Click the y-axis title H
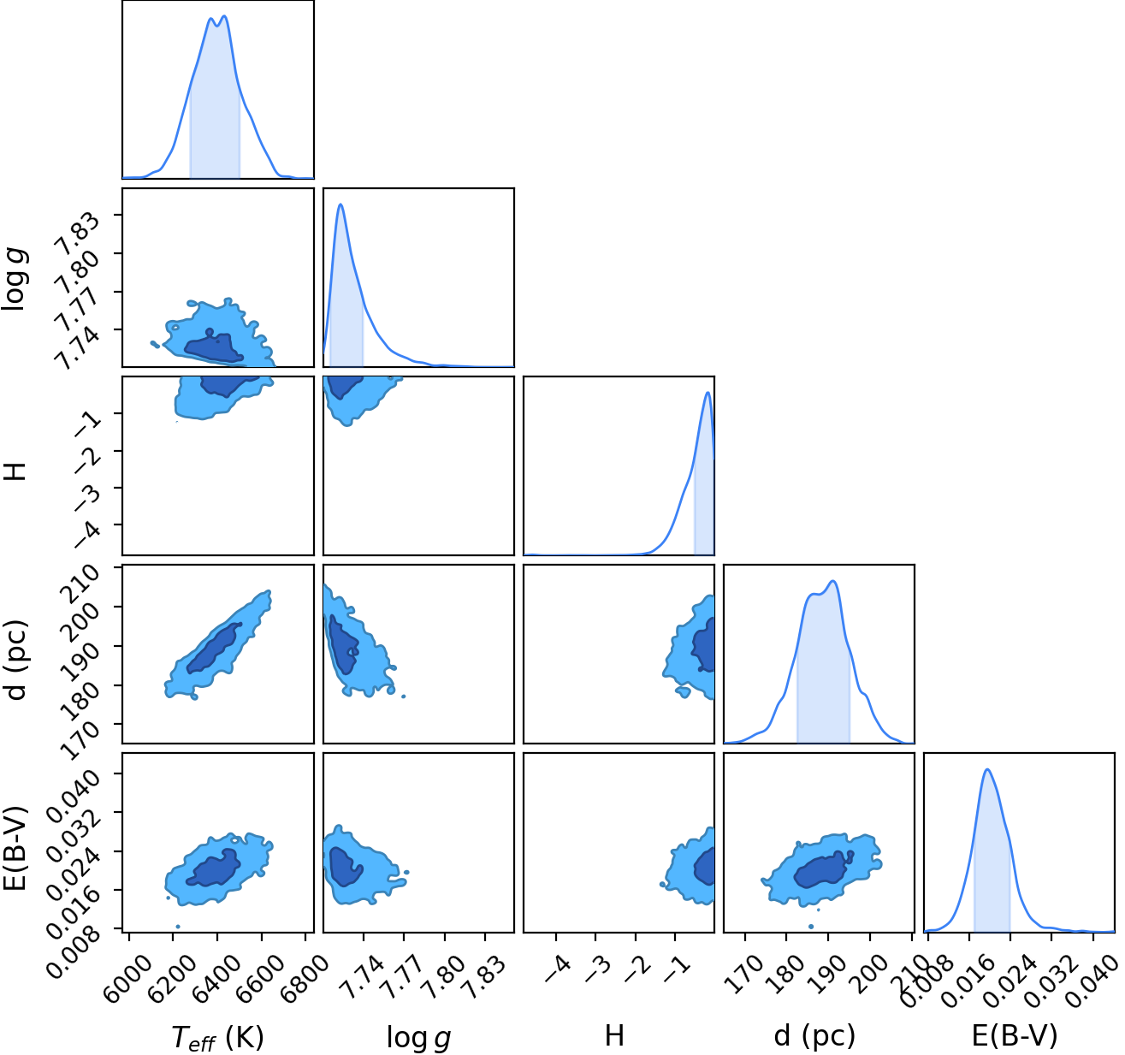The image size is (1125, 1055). pos(15,471)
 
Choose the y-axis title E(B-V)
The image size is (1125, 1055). pos(15,848)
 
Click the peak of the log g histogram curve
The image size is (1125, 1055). pos(340,204)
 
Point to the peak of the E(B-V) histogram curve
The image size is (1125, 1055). pos(987,769)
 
